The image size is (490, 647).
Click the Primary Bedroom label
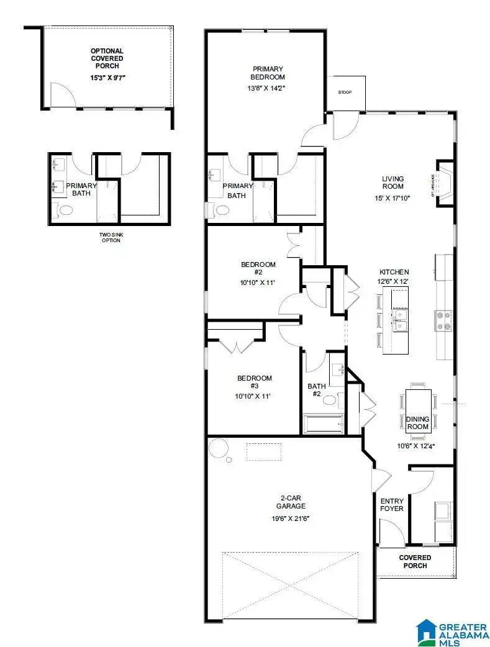[268, 73]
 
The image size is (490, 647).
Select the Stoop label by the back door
[345, 93]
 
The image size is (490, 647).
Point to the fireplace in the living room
[445, 182]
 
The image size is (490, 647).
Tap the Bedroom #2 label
[258, 268]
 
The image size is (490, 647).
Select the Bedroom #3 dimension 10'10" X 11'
[254, 396]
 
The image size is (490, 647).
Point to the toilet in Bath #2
[330, 399]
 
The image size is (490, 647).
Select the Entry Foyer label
[391, 505]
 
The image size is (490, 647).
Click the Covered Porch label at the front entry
[415, 561]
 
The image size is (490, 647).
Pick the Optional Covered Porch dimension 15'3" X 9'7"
[107, 78]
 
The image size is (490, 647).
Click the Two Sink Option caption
[109, 237]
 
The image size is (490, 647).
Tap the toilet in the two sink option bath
[65, 210]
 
